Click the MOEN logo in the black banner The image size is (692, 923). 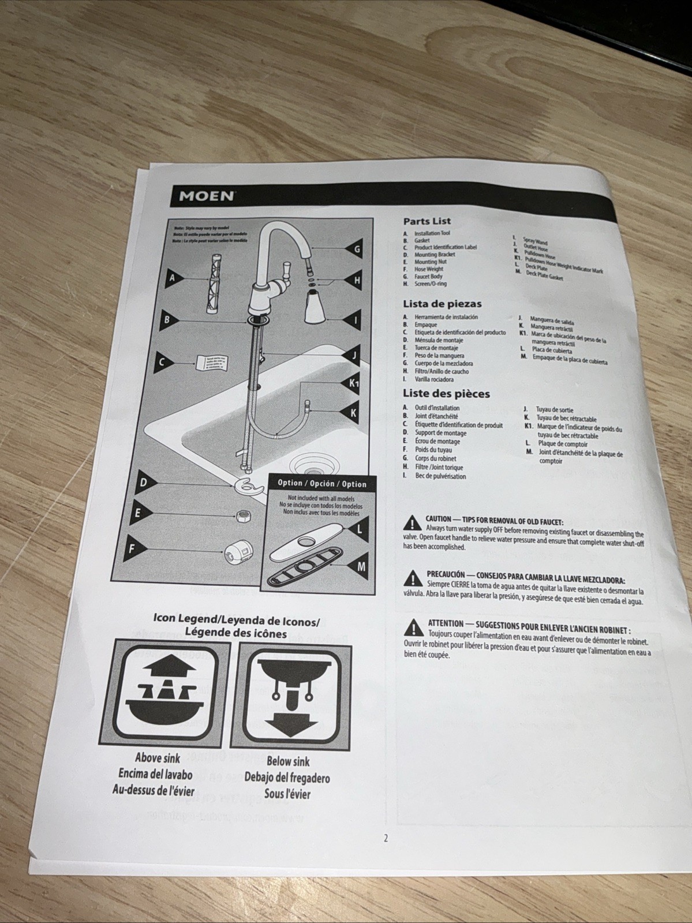pyautogui.click(x=207, y=196)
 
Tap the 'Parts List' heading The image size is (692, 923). pyautogui.click(x=427, y=221)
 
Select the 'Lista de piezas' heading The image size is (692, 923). pyautogui.click(x=442, y=304)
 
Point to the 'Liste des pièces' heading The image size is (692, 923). pyautogui.click(x=446, y=394)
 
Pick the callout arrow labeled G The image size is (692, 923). pyautogui.click(x=353, y=249)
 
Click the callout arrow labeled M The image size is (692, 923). pyautogui.click(x=358, y=567)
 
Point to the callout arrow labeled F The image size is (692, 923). pyautogui.click(x=133, y=549)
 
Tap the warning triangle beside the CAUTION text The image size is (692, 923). pyautogui.click(x=412, y=524)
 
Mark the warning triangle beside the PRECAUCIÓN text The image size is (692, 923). pyautogui.click(x=413, y=578)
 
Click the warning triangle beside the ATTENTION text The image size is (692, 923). pyautogui.click(x=413, y=627)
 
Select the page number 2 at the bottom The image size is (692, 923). pyautogui.click(x=386, y=839)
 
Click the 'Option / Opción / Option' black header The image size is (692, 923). pyautogui.click(x=322, y=483)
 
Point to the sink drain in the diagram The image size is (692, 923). pyautogui.click(x=308, y=463)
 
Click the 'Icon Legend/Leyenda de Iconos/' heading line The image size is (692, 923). pyautogui.click(x=236, y=621)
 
